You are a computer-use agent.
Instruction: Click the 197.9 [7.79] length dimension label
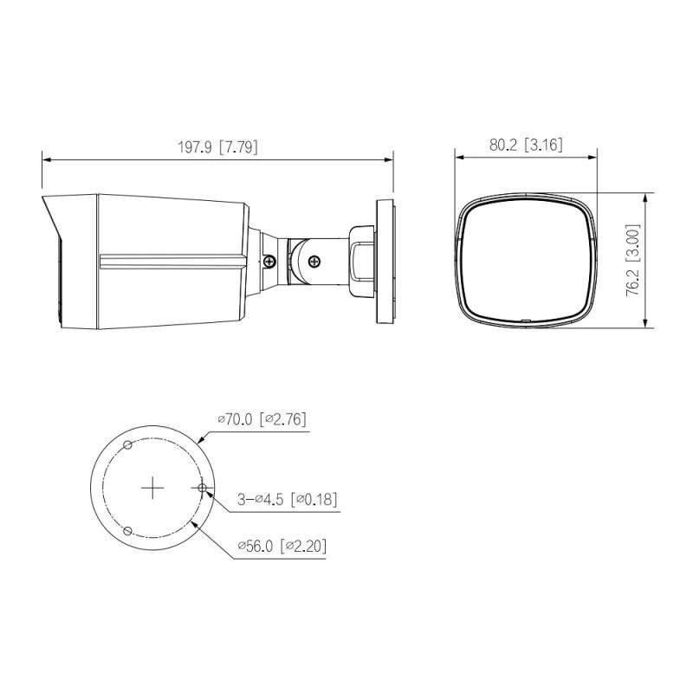coord(217,147)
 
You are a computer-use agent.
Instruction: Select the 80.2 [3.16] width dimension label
coord(526,145)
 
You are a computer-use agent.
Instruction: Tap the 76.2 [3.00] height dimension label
coord(632,261)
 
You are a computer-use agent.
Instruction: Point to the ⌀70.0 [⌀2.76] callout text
coord(262,419)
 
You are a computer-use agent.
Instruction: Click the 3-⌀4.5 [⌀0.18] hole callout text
coord(288,500)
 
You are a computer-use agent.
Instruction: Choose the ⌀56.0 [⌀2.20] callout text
coord(282,547)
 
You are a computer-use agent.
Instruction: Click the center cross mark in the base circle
coord(152,488)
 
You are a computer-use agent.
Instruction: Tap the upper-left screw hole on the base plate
coord(127,445)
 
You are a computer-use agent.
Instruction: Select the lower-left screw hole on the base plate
coord(127,530)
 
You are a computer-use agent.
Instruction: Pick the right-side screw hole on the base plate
coord(202,488)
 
